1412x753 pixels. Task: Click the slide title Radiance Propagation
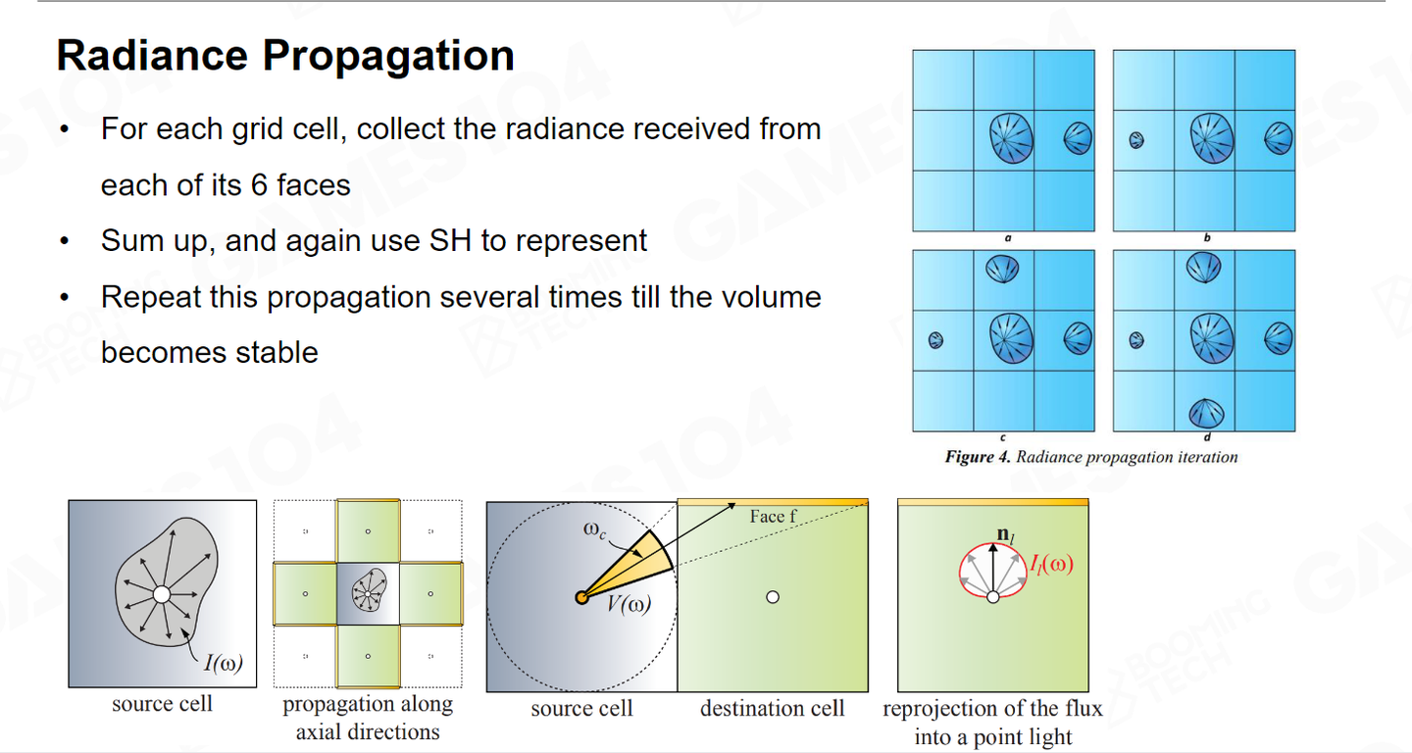(x=285, y=56)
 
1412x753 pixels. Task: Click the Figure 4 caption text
(x=1091, y=457)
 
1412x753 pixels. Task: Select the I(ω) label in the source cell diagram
(x=224, y=664)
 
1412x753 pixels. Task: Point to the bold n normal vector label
(x=1002, y=535)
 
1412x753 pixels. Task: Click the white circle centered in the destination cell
(x=773, y=597)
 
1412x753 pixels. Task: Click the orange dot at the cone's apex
(x=581, y=597)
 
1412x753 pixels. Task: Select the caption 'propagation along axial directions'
(x=368, y=718)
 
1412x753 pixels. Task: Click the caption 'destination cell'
(x=772, y=709)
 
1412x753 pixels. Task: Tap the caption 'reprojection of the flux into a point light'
(x=992, y=723)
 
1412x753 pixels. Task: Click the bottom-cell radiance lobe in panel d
(x=1205, y=412)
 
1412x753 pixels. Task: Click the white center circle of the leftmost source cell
(x=162, y=595)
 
